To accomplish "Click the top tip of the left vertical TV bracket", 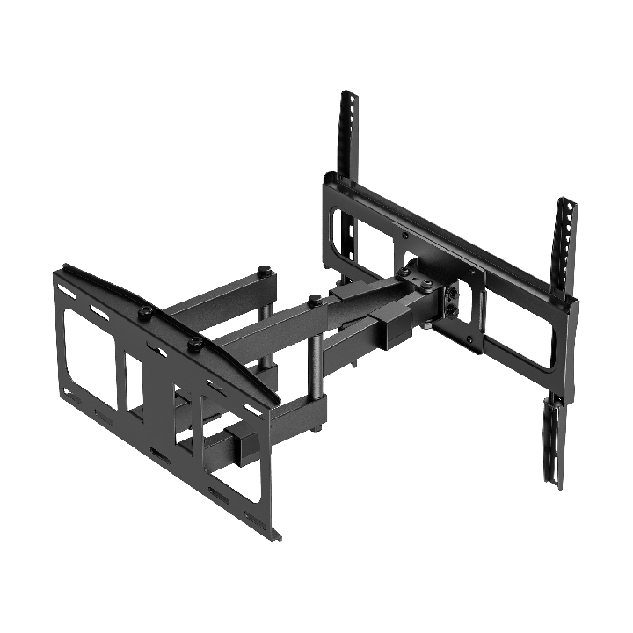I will point(347,93).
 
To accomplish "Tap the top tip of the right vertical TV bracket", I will point(567,201).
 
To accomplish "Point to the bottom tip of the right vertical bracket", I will point(555,485).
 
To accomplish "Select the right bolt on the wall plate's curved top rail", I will point(195,341).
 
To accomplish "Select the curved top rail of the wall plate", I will point(167,325).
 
